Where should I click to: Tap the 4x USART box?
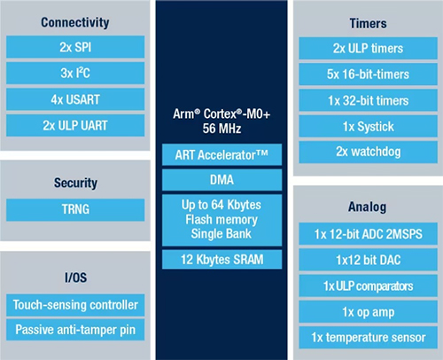(75, 100)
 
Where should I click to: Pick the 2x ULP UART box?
(75, 126)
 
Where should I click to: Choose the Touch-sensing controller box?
(75, 305)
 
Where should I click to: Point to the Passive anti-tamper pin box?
(75, 330)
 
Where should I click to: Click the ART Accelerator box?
(221, 156)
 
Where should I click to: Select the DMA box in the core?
(221, 181)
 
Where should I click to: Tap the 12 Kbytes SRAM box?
(221, 261)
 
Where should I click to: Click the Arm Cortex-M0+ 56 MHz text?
(221, 121)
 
